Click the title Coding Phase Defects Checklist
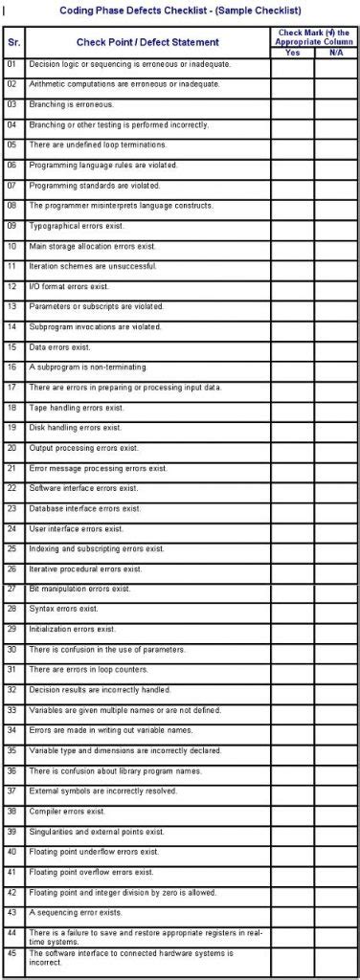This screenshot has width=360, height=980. (181, 10)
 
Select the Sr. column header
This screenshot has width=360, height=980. (13, 42)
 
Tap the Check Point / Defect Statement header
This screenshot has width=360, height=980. (147, 42)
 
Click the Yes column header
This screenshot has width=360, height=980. (292, 53)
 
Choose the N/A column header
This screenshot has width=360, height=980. (335, 53)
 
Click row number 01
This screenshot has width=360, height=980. (12, 64)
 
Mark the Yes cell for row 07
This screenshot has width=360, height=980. (292, 185)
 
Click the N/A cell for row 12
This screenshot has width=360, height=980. (335, 286)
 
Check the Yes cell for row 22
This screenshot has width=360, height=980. (292, 488)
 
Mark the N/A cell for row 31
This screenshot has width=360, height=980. (335, 670)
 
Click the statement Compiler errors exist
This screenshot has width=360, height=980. (67, 812)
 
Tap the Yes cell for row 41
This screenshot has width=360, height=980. (292, 872)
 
